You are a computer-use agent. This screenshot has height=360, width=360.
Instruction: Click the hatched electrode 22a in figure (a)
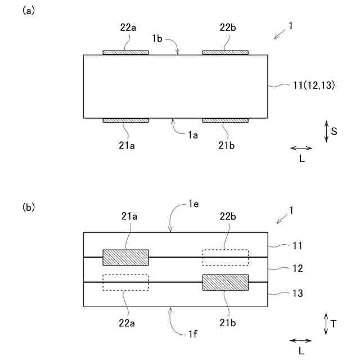point(125,53)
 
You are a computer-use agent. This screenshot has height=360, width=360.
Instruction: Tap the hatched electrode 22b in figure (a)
point(225,53)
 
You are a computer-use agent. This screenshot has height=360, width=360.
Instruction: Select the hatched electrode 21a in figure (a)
point(125,120)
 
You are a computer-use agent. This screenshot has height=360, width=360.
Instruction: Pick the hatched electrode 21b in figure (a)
point(225,120)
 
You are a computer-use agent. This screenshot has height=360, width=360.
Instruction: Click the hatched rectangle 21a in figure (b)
point(125,257)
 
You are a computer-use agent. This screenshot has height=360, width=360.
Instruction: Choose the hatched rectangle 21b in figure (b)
point(225,282)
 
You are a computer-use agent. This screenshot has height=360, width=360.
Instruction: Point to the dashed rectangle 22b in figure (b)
point(225,257)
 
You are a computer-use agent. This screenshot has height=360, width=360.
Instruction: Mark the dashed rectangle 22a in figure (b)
point(125,282)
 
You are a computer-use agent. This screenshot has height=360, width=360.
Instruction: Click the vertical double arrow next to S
point(326,131)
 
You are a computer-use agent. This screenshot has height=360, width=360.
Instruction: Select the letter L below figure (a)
point(302,159)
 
